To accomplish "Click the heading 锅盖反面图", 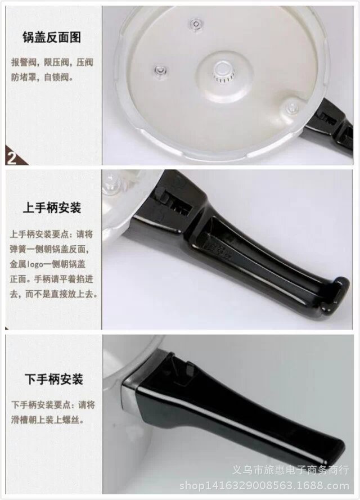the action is (52, 38).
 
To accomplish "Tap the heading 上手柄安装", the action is (52, 208).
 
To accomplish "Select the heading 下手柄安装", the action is (54, 379).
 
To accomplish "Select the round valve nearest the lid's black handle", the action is (292, 106).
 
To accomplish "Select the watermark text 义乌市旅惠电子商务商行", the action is (290, 470).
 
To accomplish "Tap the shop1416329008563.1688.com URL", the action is (264, 486).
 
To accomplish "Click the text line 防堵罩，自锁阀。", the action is (42, 77).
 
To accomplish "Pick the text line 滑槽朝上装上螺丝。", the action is (48, 420).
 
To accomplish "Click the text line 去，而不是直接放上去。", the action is (53, 294).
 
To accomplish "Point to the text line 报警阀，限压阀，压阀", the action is (52, 62).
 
